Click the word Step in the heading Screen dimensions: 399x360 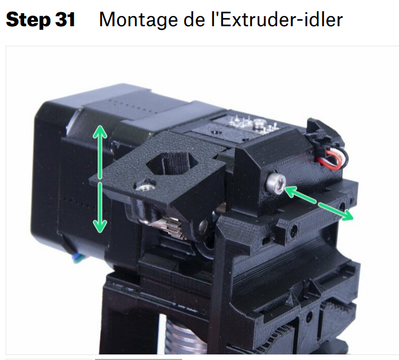click(x=28, y=20)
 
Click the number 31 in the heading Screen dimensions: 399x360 click(x=65, y=20)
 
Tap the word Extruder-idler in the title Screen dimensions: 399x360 click(x=281, y=20)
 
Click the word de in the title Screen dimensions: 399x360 click(x=194, y=20)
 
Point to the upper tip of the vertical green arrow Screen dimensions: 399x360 click(x=99, y=126)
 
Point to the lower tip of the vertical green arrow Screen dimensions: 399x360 click(x=99, y=232)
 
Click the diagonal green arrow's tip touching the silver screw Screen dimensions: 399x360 click(x=285, y=188)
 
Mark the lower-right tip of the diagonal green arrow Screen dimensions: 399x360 click(x=353, y=218)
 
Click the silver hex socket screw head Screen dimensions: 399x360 click(x=275, y=182)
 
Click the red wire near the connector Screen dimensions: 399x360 click(x=331, y=159)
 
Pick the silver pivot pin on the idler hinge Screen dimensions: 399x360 click(x=203, y=225)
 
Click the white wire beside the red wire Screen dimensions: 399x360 click(x=328, y=158)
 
